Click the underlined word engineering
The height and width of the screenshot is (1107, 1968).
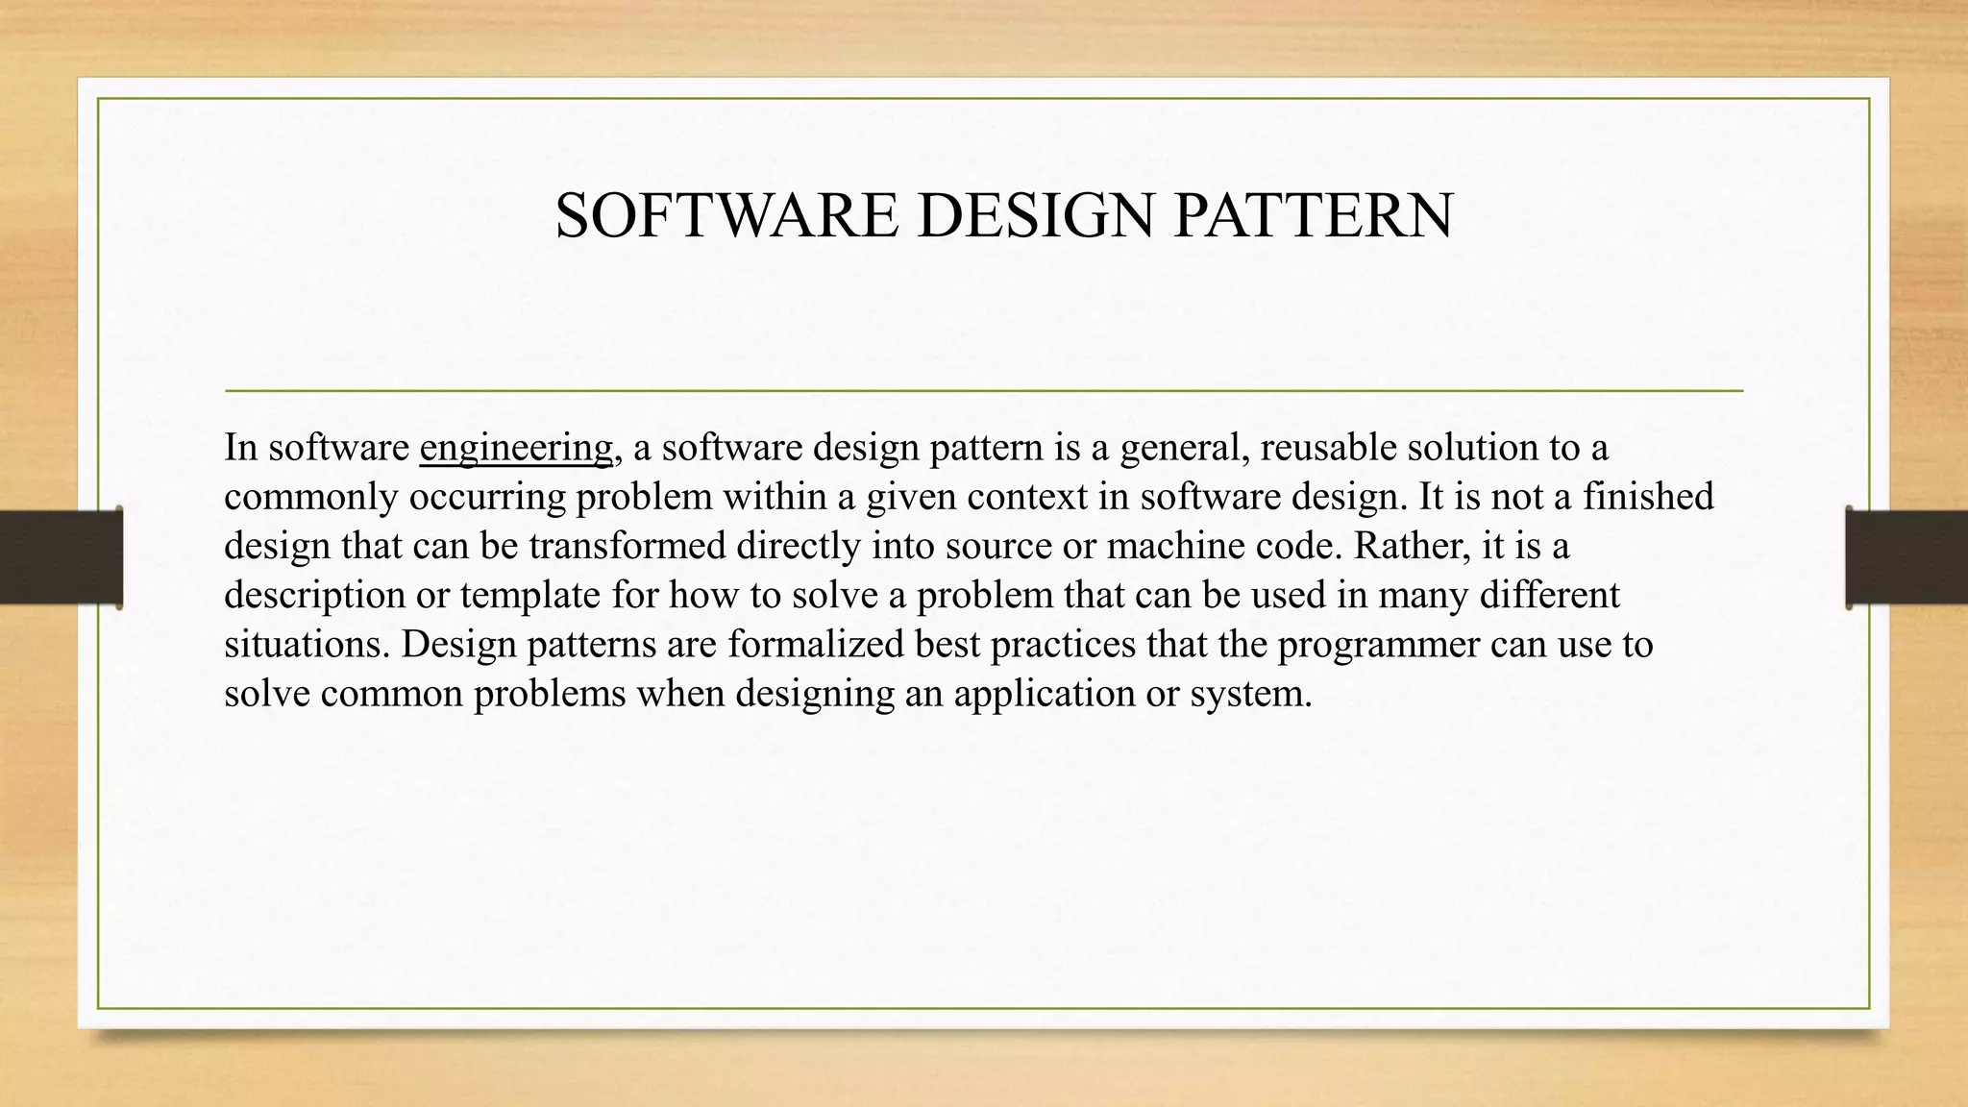click(x=516, y=448)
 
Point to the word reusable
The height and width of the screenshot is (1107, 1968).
click(x=1328, y=448)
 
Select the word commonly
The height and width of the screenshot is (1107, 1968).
click(x=310, y=497)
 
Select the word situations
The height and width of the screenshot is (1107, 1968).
click(x=307, y=644)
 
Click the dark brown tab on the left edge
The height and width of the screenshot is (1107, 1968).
click(x=61, y=556)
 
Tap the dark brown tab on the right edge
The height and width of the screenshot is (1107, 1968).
click(x=1906, y=556)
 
